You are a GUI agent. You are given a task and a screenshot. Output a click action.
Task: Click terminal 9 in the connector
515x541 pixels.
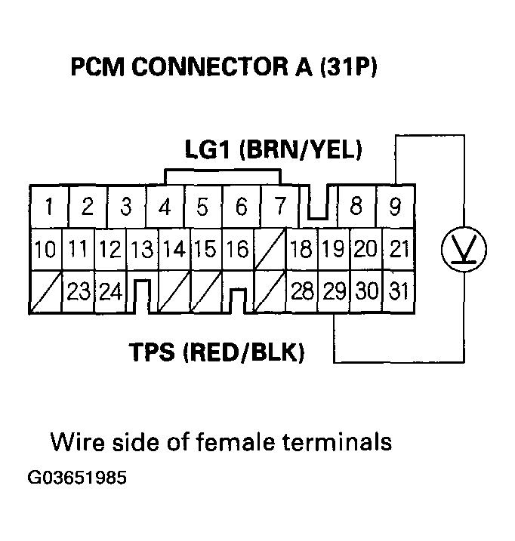394,205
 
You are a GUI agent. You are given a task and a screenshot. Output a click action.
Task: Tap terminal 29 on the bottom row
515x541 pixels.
333,292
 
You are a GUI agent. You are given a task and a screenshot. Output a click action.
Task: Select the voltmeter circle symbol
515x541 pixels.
463,248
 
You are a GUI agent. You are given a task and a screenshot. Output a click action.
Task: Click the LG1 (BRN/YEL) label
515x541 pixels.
273,150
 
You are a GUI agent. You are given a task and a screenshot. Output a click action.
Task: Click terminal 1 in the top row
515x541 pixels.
49,205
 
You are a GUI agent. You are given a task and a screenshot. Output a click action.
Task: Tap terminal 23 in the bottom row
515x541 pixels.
78,292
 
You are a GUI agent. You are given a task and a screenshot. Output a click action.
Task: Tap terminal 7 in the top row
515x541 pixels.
279,205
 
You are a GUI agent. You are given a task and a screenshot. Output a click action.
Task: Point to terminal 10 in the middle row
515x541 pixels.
45,248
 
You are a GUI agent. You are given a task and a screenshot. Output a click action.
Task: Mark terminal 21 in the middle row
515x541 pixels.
396,248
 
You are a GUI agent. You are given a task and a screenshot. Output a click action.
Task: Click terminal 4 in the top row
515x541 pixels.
165,205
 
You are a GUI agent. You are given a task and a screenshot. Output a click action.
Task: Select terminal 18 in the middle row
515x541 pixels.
301,248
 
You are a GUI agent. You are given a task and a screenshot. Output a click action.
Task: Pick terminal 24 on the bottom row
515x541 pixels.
110,292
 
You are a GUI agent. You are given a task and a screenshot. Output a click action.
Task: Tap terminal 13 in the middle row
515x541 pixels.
141,248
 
